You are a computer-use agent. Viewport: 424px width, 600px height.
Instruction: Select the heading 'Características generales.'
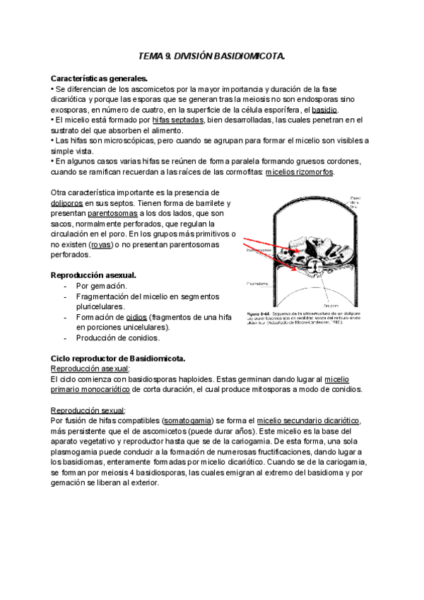point(100,78)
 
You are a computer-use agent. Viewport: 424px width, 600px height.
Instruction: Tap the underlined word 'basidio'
point(325,110)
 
